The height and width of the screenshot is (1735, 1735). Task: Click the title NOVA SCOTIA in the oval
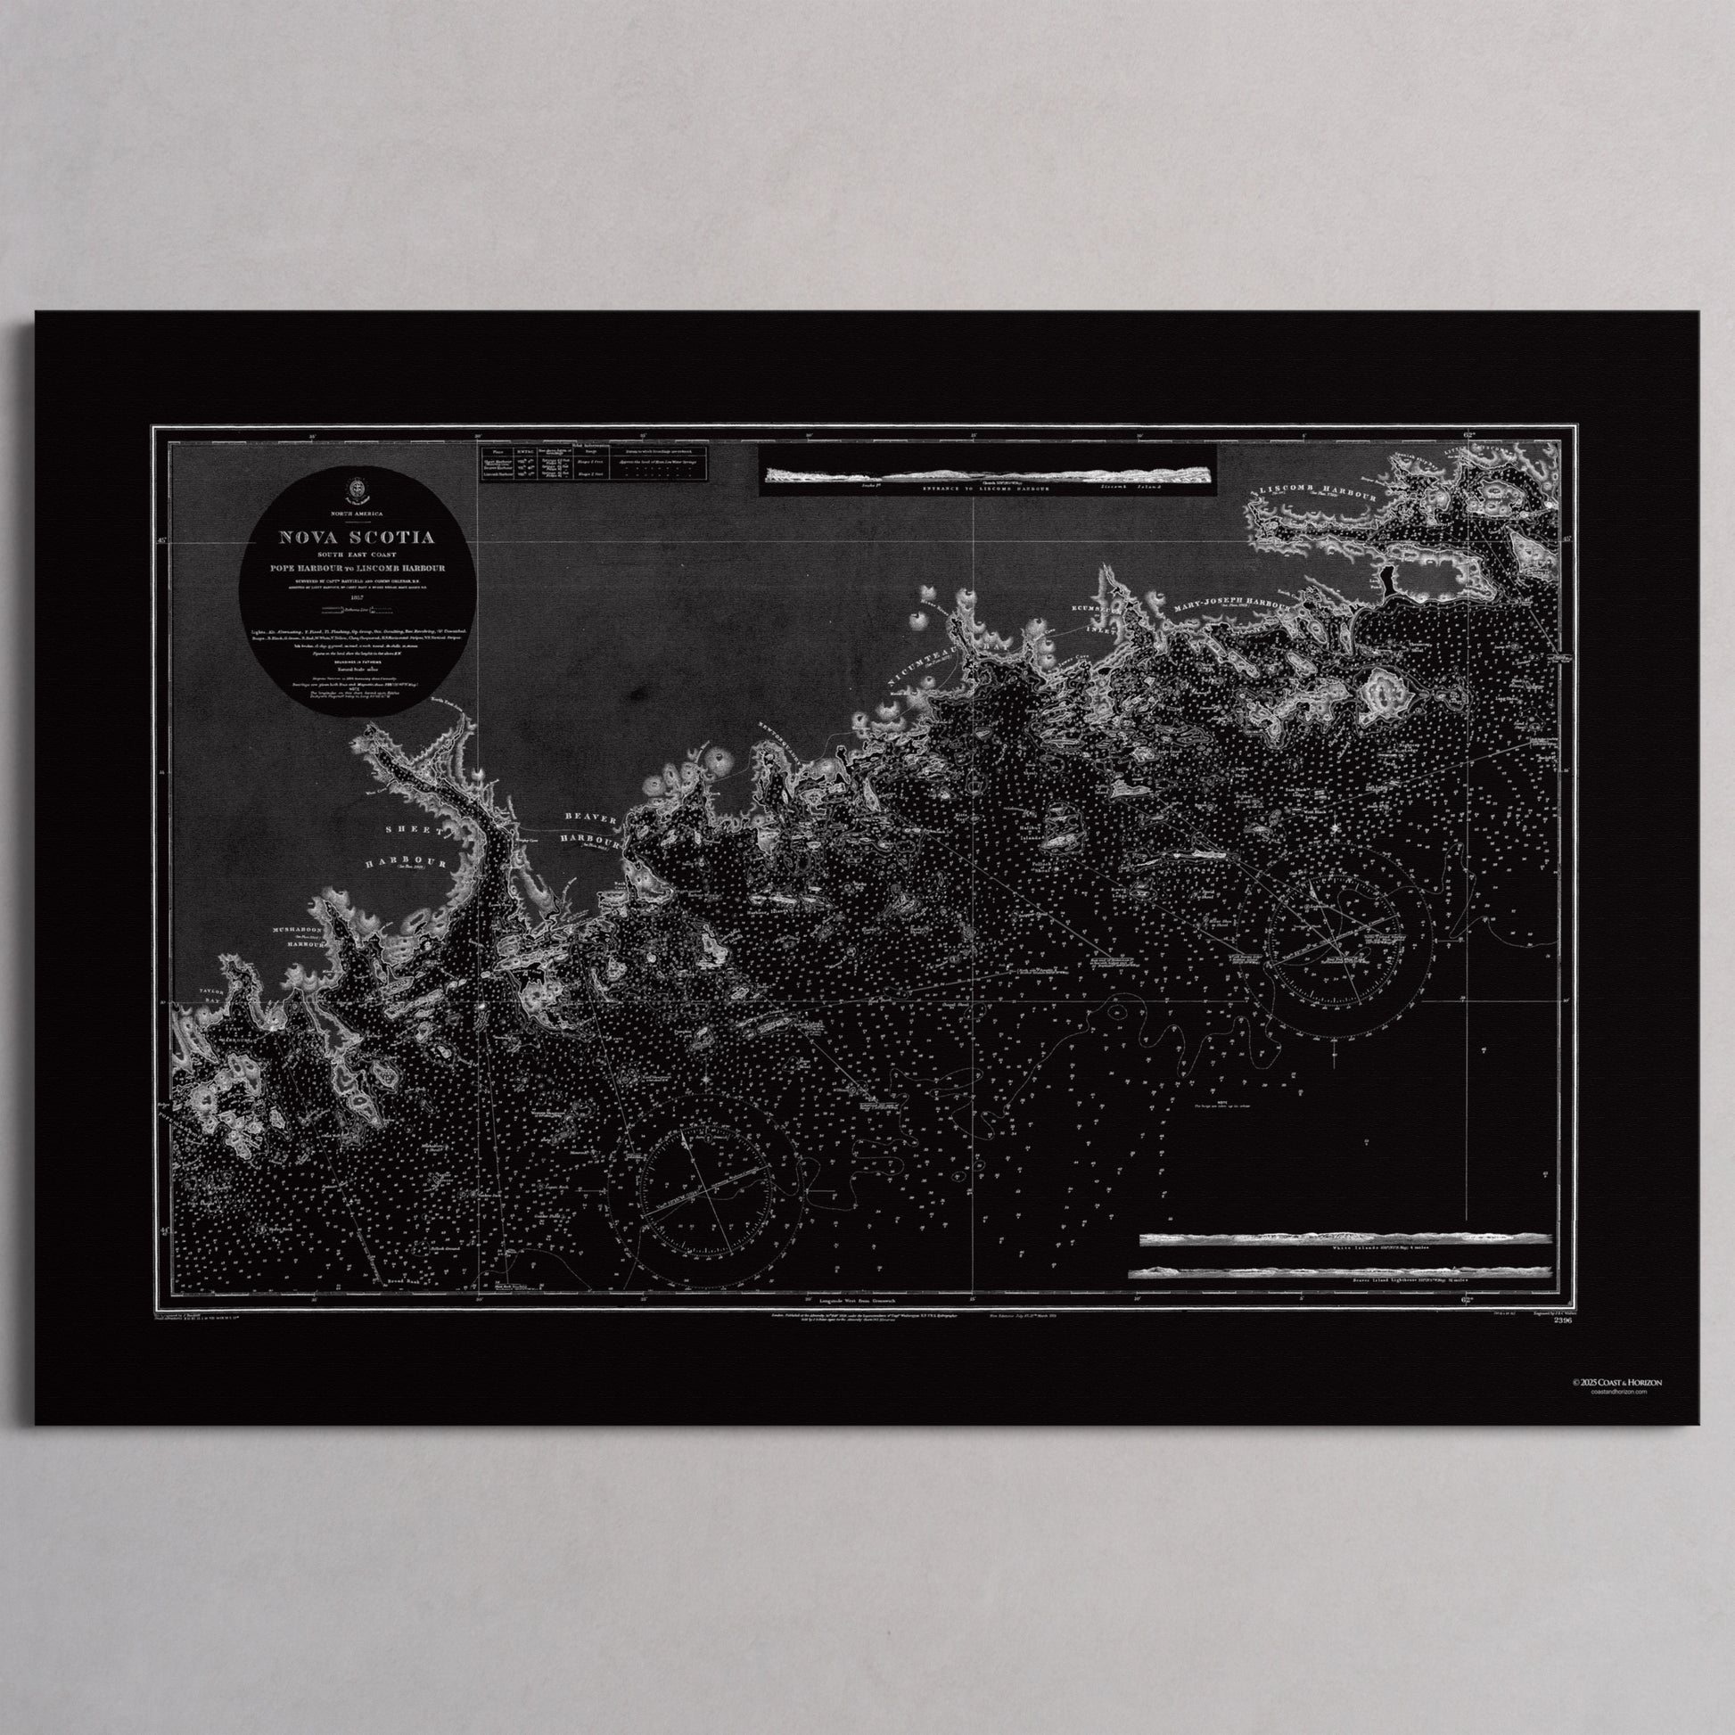(x=357, y=538)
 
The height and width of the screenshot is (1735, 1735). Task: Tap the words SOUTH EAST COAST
(x=357, y=555)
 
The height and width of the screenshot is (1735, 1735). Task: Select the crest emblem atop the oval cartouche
(x=357, y=488)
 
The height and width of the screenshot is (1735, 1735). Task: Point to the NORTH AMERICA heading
(x=357, y=512)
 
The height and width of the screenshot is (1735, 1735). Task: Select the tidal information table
(x=594, y=462)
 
